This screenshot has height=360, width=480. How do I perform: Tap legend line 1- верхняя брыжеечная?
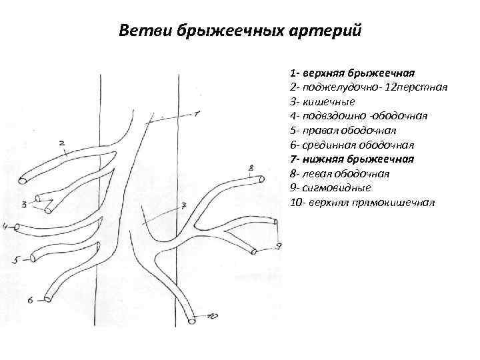pos(353,71)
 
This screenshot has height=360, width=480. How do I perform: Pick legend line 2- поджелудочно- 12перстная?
pos(368,86)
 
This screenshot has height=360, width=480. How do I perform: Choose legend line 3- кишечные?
pos(323,101)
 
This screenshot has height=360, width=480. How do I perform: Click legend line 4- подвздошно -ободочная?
pos(359,115)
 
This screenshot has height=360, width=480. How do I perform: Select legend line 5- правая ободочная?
pos(343,130)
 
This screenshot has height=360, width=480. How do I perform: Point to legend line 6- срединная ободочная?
pos(352,145)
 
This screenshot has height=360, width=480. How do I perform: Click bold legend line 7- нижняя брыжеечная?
pos(352,159)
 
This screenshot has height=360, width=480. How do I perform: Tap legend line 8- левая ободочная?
pos(340,173)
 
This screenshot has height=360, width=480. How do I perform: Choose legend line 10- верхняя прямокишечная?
pos(362,203)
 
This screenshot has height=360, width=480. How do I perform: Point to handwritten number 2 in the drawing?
pos(62,143)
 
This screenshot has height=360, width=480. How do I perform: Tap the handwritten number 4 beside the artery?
pos(5,227)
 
